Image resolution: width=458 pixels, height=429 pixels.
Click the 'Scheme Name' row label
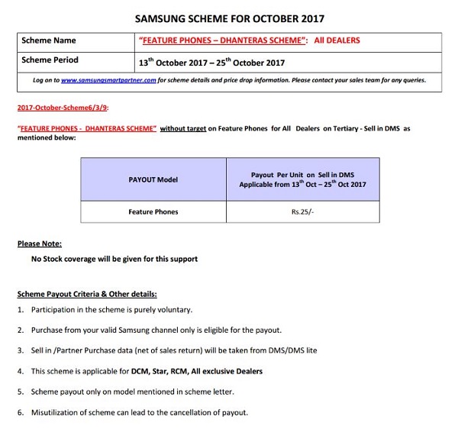[49, 40]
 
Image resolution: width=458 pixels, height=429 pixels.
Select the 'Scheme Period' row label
[50, 60]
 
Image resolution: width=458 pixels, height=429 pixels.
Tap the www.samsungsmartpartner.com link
[108, 80]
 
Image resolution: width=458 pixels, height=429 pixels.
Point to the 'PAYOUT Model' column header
[153, 179]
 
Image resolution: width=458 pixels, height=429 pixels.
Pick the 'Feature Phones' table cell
[153, 211]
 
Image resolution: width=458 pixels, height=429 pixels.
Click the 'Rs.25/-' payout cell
[303, 211]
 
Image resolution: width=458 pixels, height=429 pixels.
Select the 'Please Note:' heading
[40, 244]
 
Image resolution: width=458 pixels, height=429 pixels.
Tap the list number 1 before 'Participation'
[20, 310]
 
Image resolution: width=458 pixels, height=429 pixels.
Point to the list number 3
[20, 350]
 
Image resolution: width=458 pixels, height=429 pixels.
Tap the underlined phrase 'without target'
[186, 128]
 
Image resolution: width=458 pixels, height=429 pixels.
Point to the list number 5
[20, 392]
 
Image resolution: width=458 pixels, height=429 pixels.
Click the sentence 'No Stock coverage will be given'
[114, 260]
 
